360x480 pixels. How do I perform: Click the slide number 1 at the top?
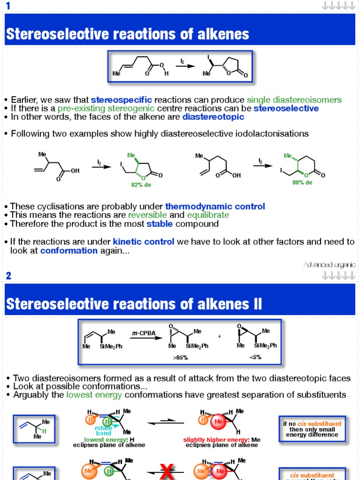pyautogui.click(x=8, y=6)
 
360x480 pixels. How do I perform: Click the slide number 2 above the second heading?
pyautogui.click(x=8, y=276)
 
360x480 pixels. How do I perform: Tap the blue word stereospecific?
pyautogui.click(x=121, y=100)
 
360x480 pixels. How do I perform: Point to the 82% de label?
pyautogui.click(x=141, y=185)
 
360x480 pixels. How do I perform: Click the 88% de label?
pyautogui.click(x=302, y=183)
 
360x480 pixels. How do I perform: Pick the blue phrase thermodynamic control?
pyautogui.click(x=215, y=206)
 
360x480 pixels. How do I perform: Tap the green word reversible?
pyautogui.click(x=148, y=215)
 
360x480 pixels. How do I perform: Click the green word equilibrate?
pyautogui.click(x=208, y=215)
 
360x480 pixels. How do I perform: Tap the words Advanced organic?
pyautogui.click(x=330, y=265)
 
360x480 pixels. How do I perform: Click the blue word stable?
pyautogui.click(x=159, y=224)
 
